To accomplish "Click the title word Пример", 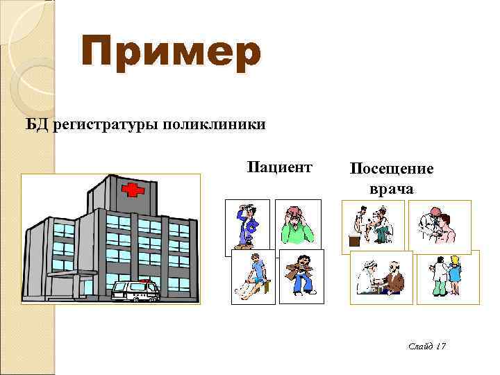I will pos(171,55).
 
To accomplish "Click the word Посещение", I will pos(392,169).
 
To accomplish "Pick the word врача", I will pos(391,188).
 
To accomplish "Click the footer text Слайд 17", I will pos(426,345).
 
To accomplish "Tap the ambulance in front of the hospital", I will pos(135,290).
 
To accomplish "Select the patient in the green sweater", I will pos(297,225).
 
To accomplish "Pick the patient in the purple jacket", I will pos(247,226).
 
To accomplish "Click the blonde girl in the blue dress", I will pos(455,275).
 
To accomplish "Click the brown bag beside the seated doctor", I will pos(354,242).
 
